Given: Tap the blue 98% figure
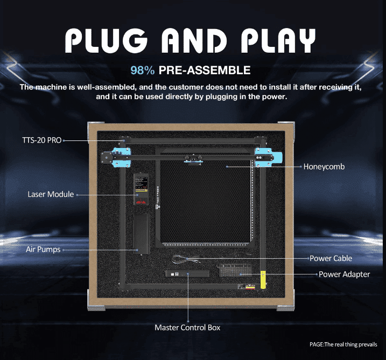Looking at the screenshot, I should [143, 70].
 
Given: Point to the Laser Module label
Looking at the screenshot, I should [51, 194].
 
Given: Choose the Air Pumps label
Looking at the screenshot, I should [43, 250].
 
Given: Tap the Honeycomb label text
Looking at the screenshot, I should [324, 167].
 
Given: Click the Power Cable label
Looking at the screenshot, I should [331, 258].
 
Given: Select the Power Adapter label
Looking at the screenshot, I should [344, 274].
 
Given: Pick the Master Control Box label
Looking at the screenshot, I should [187, 327].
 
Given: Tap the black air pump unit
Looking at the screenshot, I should [142, 231].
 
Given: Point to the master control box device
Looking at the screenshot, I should [186, 273].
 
